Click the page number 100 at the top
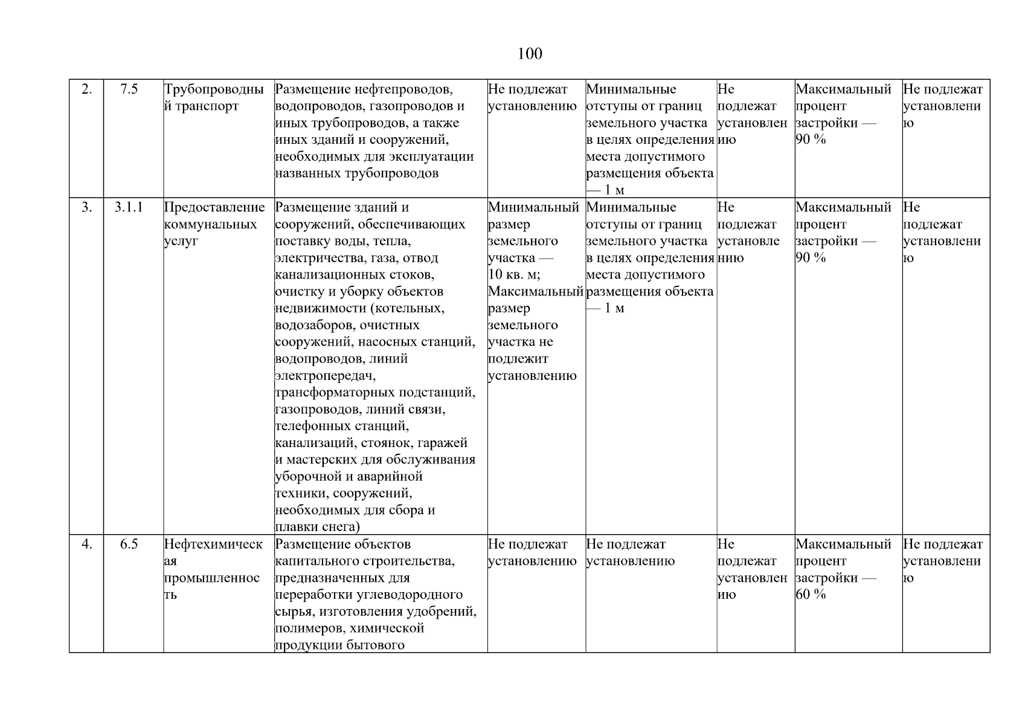coord(530,54)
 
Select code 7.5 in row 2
coord(129,89)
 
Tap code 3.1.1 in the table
coord(129,207)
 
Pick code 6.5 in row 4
coord(129,544)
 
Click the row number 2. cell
coord(87,89)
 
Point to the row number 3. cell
coord(87,207)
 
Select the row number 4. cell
coord(87,544)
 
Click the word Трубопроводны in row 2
coord(214,89)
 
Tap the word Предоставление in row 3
coord(214,207)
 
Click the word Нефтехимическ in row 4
coord(214,544)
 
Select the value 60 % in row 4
coord(811,594)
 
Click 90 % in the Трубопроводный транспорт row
coord(811,140)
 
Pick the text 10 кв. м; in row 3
coord(514,275)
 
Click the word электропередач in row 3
coord(324,376)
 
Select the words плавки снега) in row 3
coord(317,527)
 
